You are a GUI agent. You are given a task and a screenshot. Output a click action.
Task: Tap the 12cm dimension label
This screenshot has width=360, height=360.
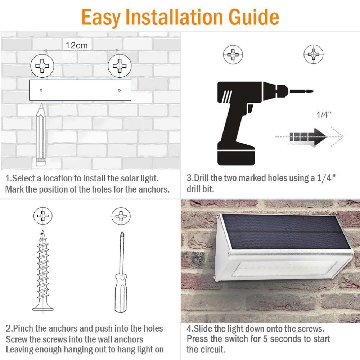pyautogui.click(x=77, y=45)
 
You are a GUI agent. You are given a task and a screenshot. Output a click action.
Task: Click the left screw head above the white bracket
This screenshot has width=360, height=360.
pyautogui.click(x=42, y=66)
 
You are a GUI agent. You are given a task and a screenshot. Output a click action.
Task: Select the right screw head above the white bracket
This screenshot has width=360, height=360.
pyautogui.click(x=120, y=66)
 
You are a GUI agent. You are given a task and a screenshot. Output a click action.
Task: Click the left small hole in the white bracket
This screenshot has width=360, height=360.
pyautogui.click(x=41, y=90)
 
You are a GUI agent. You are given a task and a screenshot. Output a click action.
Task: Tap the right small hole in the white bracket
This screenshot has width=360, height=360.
pyautogui.click(x=119, y=90)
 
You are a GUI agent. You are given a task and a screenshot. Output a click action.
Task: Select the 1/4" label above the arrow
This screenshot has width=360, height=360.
pyautogui.click(x=324, y=114)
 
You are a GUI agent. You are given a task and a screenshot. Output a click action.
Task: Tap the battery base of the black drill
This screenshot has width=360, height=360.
pyautogui.click(x=236, y=157)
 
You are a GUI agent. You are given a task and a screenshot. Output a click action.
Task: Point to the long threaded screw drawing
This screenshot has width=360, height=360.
pyautogui.click(x=43, y=271)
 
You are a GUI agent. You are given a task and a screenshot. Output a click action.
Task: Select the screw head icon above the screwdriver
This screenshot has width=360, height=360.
pyautogui.click(x=121, y=216)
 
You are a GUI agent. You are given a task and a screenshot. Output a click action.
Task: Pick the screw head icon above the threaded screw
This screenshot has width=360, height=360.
pyautogui.click(x=43, y=216)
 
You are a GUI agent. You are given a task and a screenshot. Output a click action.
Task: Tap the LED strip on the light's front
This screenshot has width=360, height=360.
pyautogui.click(x=285, y=269)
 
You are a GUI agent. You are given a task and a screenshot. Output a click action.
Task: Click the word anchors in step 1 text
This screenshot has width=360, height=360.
pyautogui.click(x=154, y=189)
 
